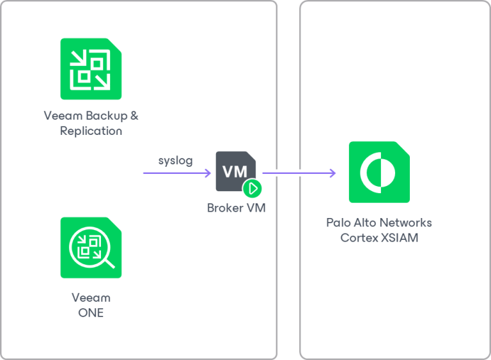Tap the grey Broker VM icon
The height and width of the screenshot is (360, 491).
[236, 172]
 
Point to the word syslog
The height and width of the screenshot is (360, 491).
[175, 160]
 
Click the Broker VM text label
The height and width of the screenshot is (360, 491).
[236, 208]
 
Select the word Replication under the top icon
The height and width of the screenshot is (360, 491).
[91, 130]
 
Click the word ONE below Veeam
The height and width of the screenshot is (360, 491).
[91, 313]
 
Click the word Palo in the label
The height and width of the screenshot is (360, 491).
[339, 223]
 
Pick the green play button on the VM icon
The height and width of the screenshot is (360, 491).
[253, 188]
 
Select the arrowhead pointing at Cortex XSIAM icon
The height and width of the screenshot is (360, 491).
[332, 173]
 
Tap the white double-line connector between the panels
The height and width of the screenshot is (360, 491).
[288, 172]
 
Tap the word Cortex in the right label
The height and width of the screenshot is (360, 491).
[359, 238]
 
